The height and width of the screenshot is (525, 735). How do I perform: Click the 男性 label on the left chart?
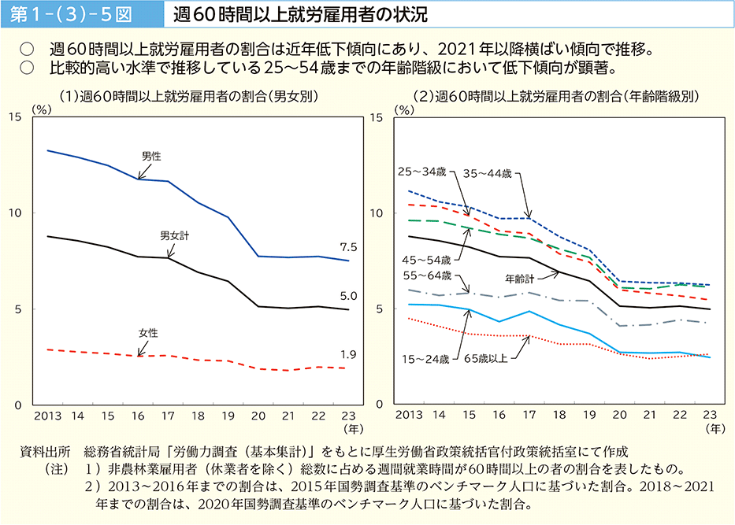pyautogui.click(x=151, y=157)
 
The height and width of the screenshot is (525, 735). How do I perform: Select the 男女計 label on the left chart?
pyautogui.click(x=174, y=235)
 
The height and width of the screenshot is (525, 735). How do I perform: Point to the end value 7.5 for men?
pyautogui.click(x=349, y=247)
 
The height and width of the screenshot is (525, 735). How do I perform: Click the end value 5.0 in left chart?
pyautogui.click(x=349, y=296)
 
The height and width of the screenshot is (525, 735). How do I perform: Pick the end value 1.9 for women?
pyautogui.click(x=349, y=355)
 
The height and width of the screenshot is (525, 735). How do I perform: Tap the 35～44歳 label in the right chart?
pyautogui.click(x=488, y=171)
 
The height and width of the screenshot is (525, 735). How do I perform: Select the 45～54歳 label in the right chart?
pyautogui.click(x=426, y=258)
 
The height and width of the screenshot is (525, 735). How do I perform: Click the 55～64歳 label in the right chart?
pyautogui.click(x=426, y=275)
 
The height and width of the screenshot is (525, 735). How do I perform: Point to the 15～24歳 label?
pyautogui.click(x=426, y=359)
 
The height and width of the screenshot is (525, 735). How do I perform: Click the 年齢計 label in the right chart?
pyautogui.click(x=520, y=278)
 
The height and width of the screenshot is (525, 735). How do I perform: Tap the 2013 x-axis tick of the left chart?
pyautogui.click(x=48, y=414)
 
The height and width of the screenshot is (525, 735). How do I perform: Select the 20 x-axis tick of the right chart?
pyautogui.click(x=619, y=414)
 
